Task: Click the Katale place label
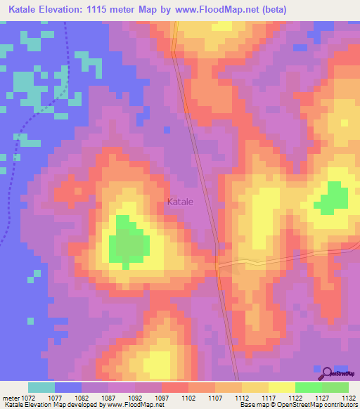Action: pos(181,202)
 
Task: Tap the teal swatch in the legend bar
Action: pos(41,387)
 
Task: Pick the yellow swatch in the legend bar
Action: pos(282,387)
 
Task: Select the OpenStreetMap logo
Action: pos(337,372)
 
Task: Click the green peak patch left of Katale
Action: pos(128,243)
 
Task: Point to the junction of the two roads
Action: pos(217,265)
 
